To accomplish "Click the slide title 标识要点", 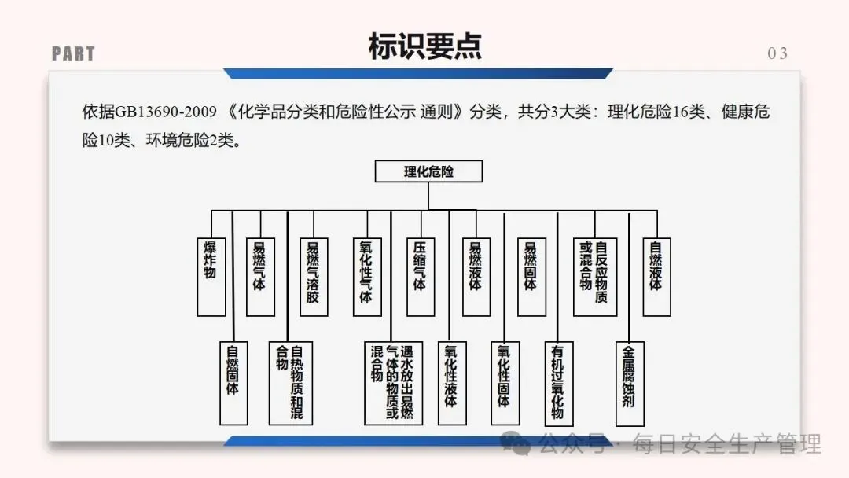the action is click(424, 46).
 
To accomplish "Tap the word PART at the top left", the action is click(73, 54).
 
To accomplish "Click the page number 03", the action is click(777, 53).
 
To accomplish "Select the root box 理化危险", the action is click(428, 171).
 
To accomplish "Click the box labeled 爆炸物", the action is click(211, 272).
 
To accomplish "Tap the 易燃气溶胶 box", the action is click(313, 276).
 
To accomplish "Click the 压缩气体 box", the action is click(420, 276).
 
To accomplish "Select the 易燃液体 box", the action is click(475, 276).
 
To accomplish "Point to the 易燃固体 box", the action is click(530, 276).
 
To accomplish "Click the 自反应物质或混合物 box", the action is click(594, 276).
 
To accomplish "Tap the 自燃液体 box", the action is click(656, 276).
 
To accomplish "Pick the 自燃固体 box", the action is click(233, 382).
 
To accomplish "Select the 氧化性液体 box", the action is click(451, 382).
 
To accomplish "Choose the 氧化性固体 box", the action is click(504, 382).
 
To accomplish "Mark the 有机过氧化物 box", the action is click(557, 382).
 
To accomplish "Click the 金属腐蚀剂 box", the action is click(629, 382).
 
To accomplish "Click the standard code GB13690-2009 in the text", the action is click(166, 111).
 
